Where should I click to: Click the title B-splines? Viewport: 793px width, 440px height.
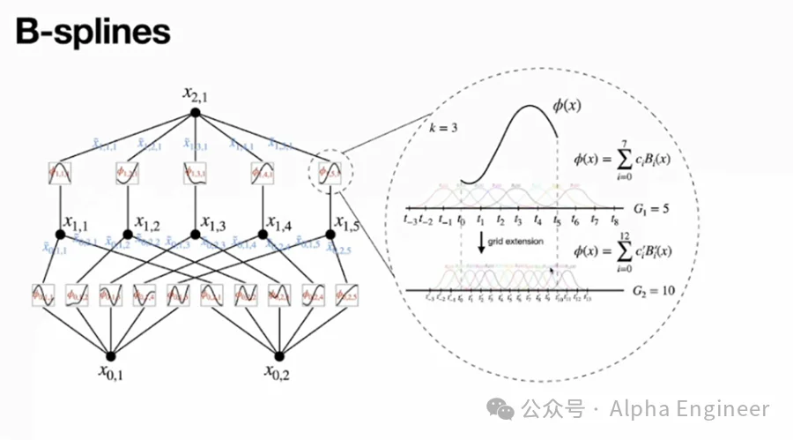point(93,32)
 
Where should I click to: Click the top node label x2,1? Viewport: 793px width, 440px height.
point(195,93)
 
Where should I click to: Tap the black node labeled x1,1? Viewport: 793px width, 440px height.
point(61,235)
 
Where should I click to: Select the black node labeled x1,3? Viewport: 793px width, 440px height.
point(196,235)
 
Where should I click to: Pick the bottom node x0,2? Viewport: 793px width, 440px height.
point(279,355)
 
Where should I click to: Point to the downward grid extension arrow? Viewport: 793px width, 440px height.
point(481,242)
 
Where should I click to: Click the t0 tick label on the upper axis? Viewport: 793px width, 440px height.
point(462,221)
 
